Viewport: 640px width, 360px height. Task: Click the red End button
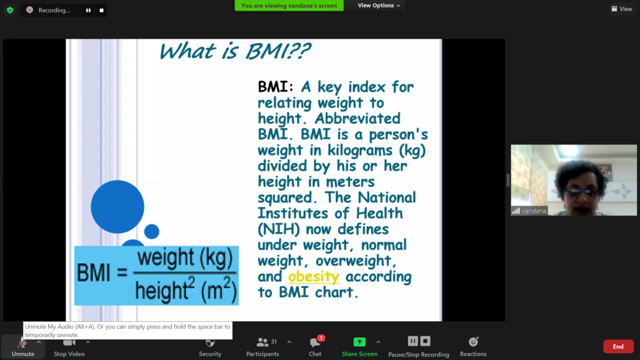click(x=618, y=346)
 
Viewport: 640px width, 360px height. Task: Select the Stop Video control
click(x=69, y=347)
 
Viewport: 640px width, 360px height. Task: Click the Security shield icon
click(x=210, y=342)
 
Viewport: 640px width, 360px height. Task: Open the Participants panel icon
click(x=262, y=342)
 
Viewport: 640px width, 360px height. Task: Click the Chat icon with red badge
click(x=316, y=342)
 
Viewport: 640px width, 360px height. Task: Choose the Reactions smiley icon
click(x=474, y=342)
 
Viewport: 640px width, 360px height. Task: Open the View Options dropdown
click(x=379, y=5)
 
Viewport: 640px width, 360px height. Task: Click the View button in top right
click(x=622, y=9)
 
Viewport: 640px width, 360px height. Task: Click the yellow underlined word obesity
click(x=314, y=277)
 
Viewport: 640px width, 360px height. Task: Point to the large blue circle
click(x=117, y=207)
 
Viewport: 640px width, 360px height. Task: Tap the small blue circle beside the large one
click(x=152, y=231)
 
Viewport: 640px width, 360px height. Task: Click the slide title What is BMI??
click(x=235, y=51)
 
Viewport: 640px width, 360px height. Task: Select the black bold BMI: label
click(x=276, y=86)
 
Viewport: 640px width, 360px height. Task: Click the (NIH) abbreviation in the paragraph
click(x=278, y=229)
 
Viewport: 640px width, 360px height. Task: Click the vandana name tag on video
click(x=529, y=211)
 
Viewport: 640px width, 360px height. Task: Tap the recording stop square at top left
click(x=102, y=10)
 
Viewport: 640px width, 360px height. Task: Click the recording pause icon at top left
click(x=88, y=10)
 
